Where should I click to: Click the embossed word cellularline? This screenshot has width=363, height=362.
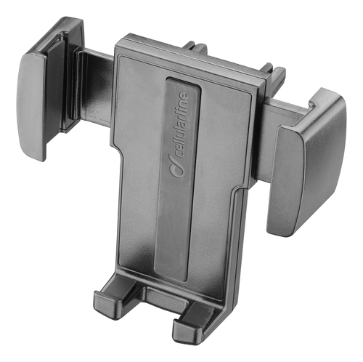click(x=183, y=124)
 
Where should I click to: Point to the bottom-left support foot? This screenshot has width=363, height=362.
click(x=107, y=301)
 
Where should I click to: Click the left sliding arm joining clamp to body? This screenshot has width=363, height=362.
click(x=97, y=86)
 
